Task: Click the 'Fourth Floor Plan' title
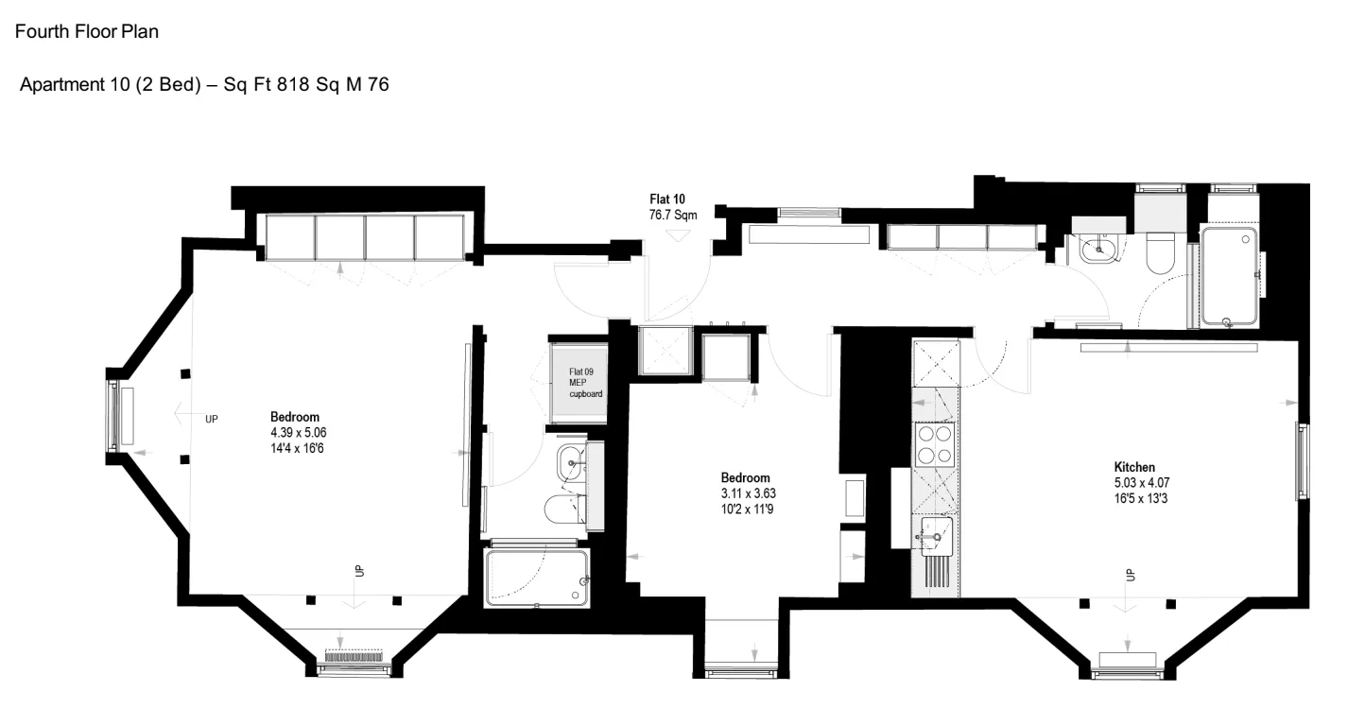pos(87,31)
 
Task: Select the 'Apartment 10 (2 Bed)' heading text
pos(111,84)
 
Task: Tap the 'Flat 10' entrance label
pos(666,199)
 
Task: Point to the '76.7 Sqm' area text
pos(673,216)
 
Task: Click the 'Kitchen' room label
pos(1134,467)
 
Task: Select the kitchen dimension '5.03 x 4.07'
pos(1141,483)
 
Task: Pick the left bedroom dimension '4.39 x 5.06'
pos(298,433)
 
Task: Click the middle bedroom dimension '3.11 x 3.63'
pos(749,493)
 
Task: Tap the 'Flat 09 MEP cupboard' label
pos(586,383)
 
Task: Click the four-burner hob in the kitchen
pos(935,444)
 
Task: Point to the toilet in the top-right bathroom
pos(1160,252)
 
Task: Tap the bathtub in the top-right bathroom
pos(1229,277)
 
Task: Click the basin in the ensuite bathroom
pos(571,463)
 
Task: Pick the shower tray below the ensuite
pos(537,578)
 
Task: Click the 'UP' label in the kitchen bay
pos(1131,575)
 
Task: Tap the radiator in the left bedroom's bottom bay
pos(354,656)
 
